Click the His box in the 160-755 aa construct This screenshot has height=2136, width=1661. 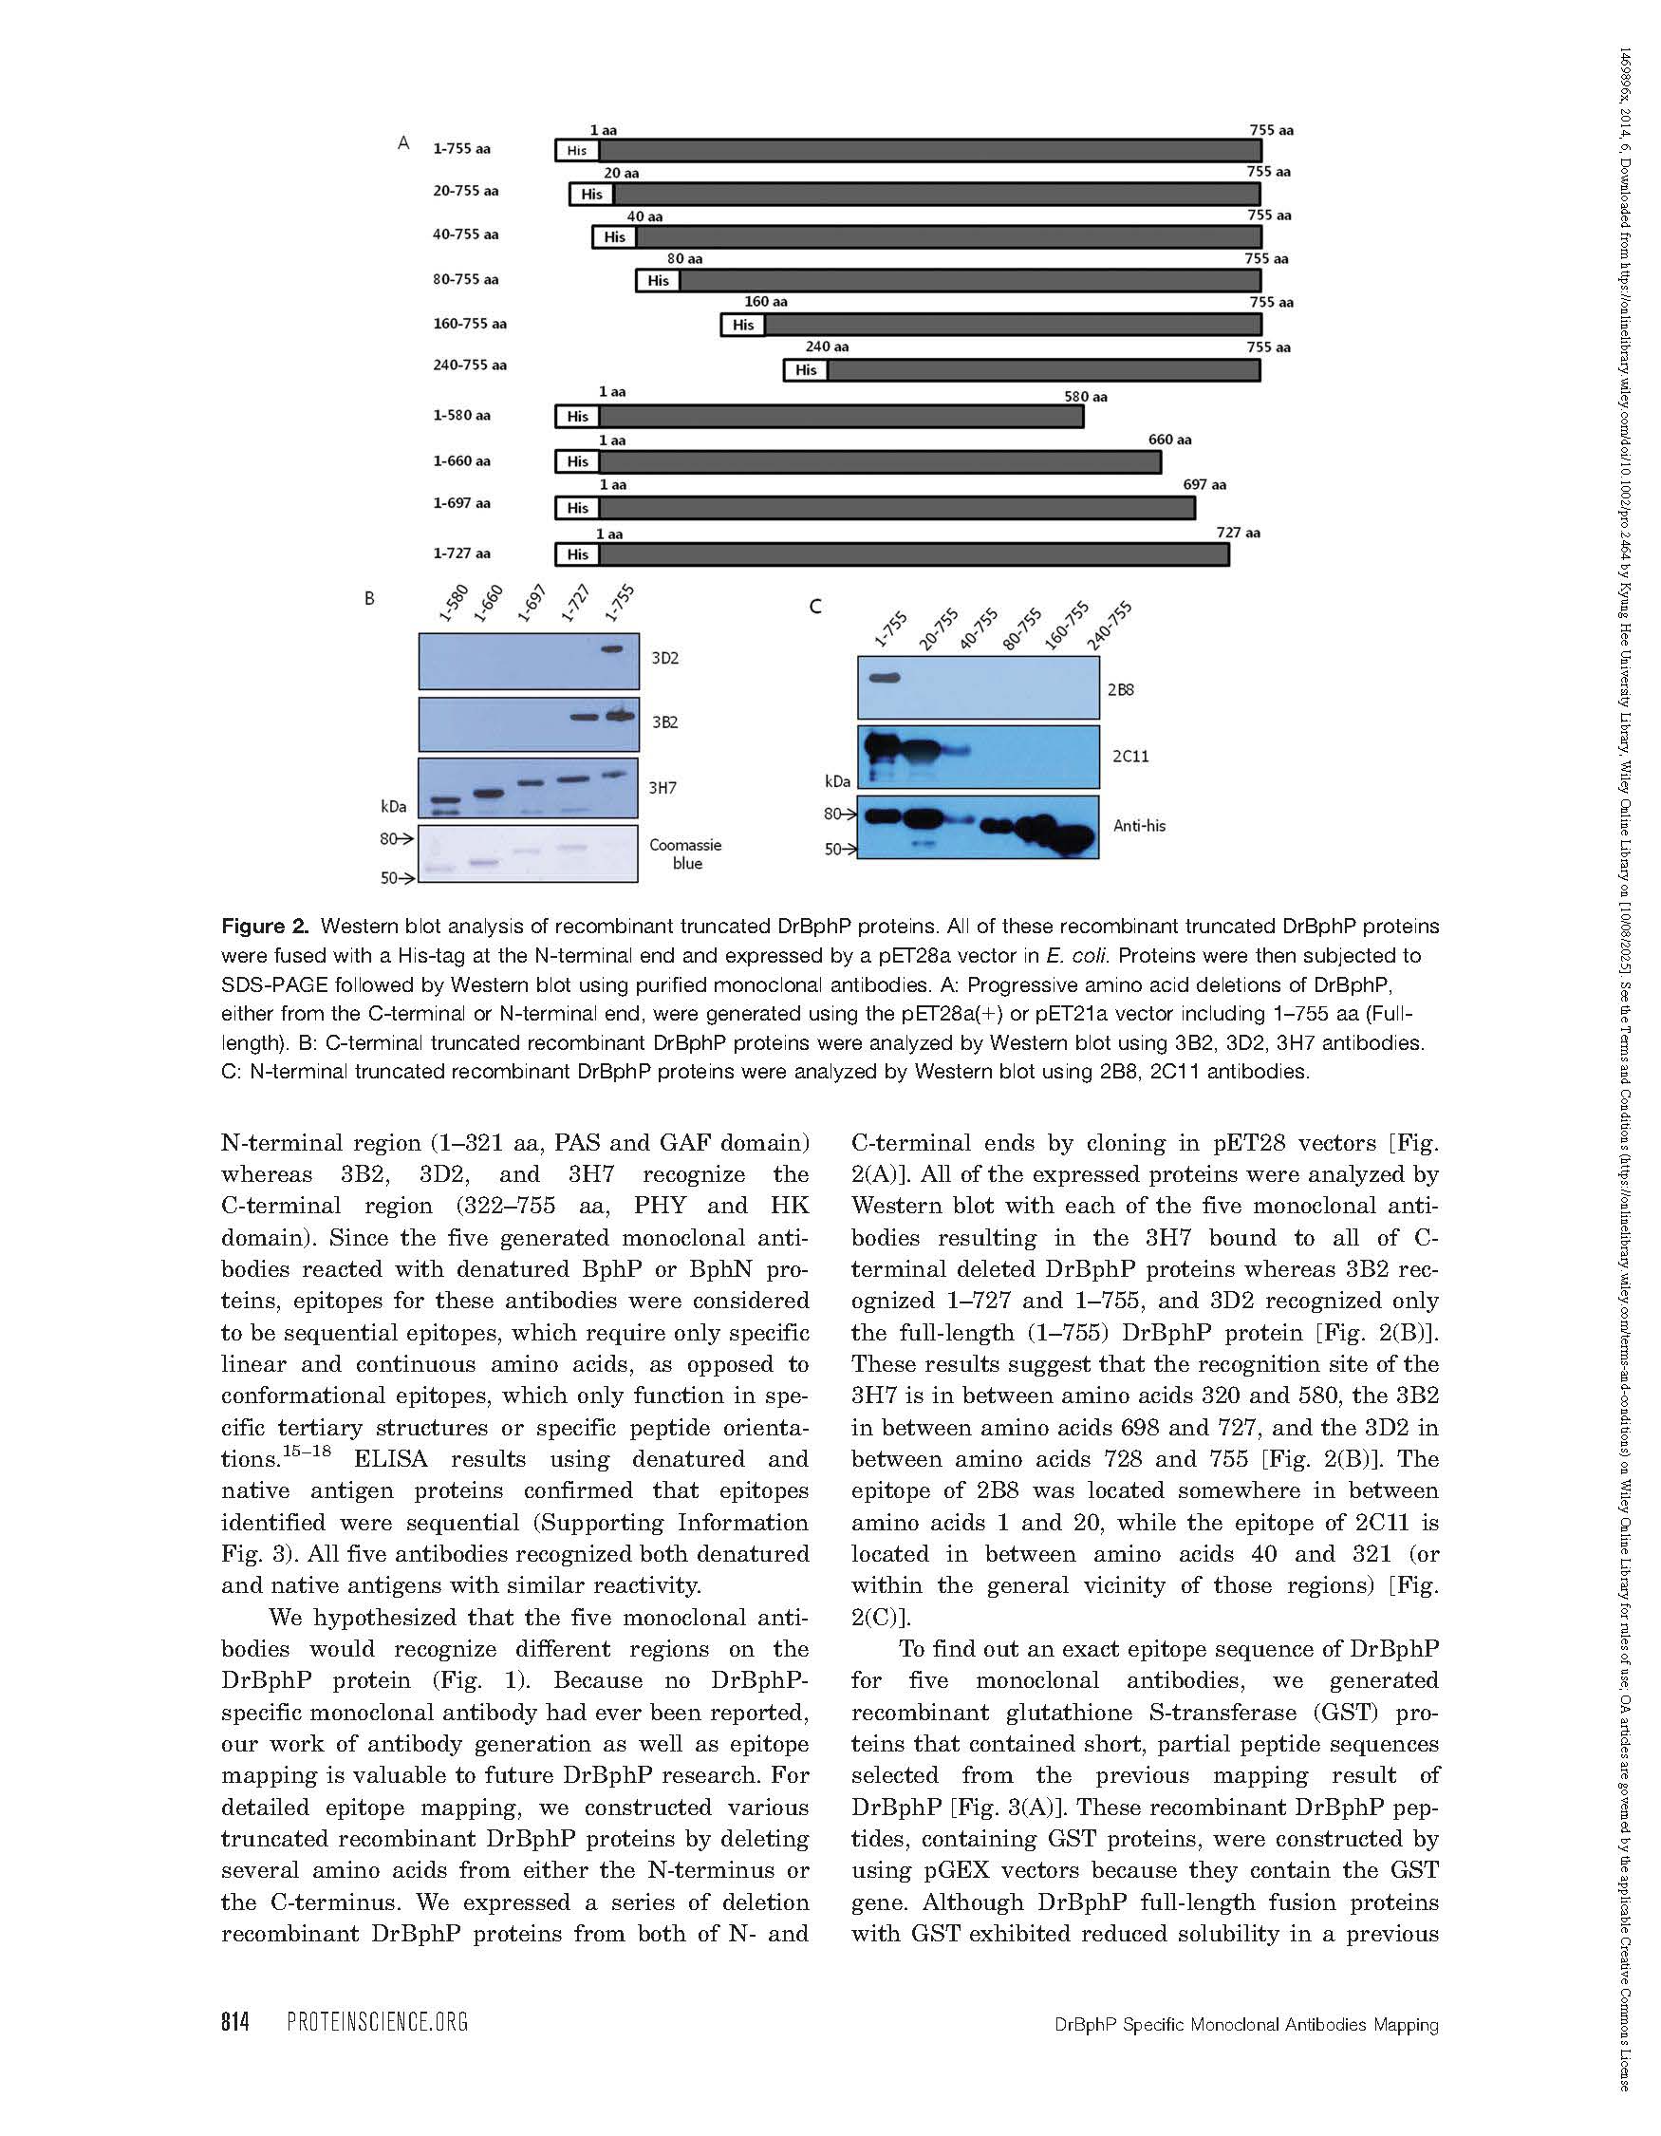point(742,325)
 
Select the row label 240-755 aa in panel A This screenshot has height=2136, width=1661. point(469,365)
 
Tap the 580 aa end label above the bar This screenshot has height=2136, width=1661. point(1085,397)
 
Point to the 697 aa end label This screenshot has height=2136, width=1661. point(1204,484)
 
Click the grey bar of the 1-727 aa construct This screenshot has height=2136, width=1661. point(913,554)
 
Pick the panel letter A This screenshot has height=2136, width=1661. point(402,143)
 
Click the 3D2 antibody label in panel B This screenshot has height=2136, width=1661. point(664,658)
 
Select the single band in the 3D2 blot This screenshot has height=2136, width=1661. point(612,648)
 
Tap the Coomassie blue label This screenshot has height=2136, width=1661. point(685,853)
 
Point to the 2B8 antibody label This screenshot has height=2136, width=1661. point(1120,689)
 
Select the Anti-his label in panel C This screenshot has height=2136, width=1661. point(1139,826)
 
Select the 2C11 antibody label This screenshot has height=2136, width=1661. point(1129,756)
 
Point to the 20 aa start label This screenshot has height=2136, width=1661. point(621,173)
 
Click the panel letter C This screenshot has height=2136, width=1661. point(815,608)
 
